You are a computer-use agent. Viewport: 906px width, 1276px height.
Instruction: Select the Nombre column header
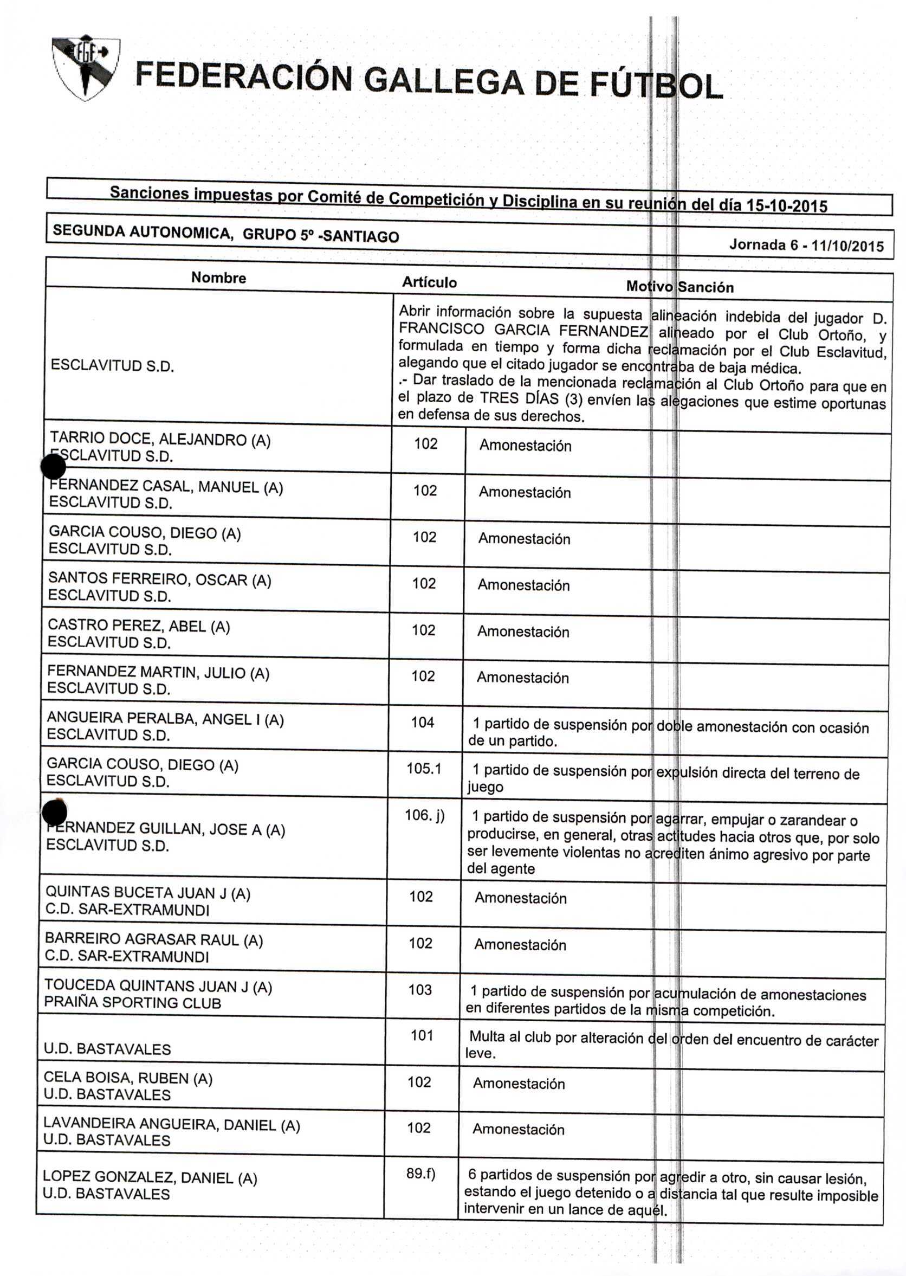tap(218, 278)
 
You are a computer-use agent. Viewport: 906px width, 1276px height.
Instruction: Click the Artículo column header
tap(429, 282)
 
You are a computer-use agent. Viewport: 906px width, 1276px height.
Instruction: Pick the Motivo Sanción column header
tap(679, 287)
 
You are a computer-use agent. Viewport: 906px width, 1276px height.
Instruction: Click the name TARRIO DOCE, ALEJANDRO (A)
tap(160, 440)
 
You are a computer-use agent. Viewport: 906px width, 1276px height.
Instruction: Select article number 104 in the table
tap(422, 723)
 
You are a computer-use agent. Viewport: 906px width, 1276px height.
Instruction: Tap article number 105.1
tap(423, 769)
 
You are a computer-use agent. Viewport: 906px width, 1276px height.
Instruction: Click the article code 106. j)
tap(424, 816)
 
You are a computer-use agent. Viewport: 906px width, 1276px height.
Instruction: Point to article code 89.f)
tap(420, 1174)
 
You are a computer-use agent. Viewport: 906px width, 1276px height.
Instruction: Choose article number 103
tap(420, 990)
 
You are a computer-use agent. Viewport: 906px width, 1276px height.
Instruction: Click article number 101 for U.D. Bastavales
tap(422, 1035)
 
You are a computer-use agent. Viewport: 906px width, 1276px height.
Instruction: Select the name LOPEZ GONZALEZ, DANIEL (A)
tap(150, 1177)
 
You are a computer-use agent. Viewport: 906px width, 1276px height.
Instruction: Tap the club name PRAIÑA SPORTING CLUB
tap(132, 1003)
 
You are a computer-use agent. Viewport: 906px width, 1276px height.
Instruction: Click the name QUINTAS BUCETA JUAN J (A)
tap(148, 893)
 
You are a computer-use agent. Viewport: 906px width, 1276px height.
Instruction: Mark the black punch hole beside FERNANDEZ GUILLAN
tap(54, 812)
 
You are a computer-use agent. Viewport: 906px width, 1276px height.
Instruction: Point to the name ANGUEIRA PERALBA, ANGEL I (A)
tap(165, 719)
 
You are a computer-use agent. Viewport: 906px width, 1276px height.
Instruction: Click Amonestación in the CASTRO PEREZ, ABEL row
tap(523, 631)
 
